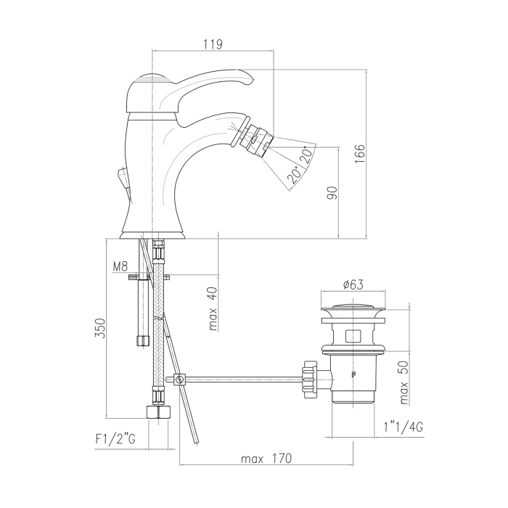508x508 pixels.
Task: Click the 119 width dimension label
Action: coord(213,44)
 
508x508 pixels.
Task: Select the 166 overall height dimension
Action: coord(360,154)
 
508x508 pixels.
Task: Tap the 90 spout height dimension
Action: coord(332,193)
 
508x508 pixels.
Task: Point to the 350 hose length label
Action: coord(100,328)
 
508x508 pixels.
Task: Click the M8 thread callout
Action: coord(120,266)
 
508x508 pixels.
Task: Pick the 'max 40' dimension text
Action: coord(213,308)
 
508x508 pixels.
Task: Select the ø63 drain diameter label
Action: coord(353,284)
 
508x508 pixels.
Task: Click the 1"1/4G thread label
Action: coord(403,427)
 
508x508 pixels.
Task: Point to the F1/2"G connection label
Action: coord(115,439)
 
